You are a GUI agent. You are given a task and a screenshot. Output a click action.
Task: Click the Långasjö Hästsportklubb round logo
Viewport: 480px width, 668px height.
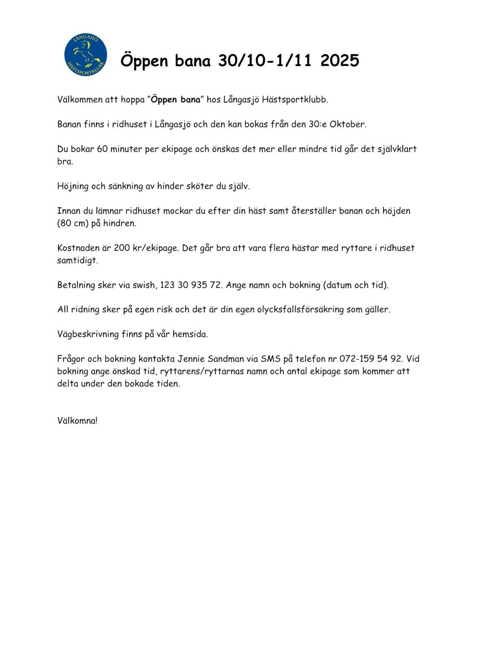[85, 55]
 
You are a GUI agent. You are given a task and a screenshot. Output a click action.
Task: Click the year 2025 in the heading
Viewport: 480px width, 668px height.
[339, 60]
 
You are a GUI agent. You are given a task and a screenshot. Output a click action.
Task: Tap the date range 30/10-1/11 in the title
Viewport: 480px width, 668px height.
[264, 60]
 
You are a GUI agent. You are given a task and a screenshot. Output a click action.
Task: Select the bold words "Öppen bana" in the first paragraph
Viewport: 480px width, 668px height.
[176, 100]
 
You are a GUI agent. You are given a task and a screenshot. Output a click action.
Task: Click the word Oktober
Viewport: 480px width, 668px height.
[347, 124]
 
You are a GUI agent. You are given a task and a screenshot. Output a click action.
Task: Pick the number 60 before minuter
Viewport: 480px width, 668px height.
[102, 149]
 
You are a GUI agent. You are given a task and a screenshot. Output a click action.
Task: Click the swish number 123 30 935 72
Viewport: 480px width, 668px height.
[191, 285]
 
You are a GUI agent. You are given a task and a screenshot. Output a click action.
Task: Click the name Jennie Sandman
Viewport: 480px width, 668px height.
[211, 359]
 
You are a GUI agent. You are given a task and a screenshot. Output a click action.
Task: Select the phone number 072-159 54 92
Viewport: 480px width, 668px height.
[371, 359]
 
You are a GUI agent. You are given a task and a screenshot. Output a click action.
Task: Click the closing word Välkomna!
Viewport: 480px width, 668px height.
[77, 421]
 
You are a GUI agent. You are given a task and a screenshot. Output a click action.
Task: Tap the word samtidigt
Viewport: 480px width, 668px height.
[77, 261]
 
